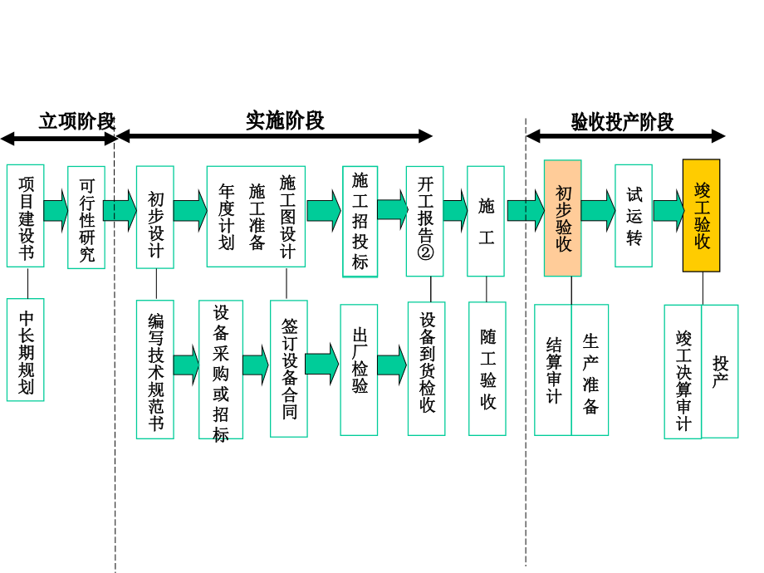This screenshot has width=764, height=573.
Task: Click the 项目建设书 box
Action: coord(25,215)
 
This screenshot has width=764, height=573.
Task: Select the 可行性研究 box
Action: coord(86,217)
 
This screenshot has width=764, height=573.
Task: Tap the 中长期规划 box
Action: coord(25,350)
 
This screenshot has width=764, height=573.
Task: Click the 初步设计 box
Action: coord(155,217)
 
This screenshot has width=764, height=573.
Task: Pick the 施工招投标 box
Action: coord(360,221)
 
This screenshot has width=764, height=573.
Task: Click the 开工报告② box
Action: coord(424,221)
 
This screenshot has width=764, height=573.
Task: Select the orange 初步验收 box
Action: coord(563,218)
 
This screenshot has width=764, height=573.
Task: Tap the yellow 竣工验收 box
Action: coord(701,215)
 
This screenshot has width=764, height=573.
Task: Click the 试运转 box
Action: coord(634,215)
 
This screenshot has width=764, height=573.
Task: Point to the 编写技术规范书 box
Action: coord(155,369)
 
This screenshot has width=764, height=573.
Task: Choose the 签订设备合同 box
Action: coord(288,368)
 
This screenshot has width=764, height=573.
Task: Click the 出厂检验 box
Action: coord(359,370)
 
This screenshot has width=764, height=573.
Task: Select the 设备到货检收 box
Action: coord(426,368)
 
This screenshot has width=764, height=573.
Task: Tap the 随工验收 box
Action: coord(487,369)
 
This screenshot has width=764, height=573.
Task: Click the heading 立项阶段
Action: coord(76,121)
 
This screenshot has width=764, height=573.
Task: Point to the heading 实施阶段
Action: coord(285,120)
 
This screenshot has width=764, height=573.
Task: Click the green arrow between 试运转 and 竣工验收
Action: coord(668,210)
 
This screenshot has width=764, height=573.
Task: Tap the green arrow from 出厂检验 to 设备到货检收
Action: coord(392,365)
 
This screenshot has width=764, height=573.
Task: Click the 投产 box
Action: coord(720,371)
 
